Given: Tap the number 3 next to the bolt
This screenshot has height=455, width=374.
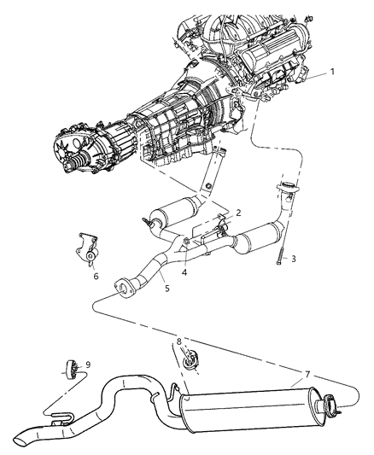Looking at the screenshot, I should (x=293, y=258).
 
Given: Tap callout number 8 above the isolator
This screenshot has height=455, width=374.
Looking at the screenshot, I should (x=178, y=342).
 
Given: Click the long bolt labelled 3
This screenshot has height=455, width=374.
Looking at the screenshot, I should (x=278, y=252).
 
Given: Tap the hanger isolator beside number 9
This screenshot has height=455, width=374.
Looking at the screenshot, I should (x=73, y=369).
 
